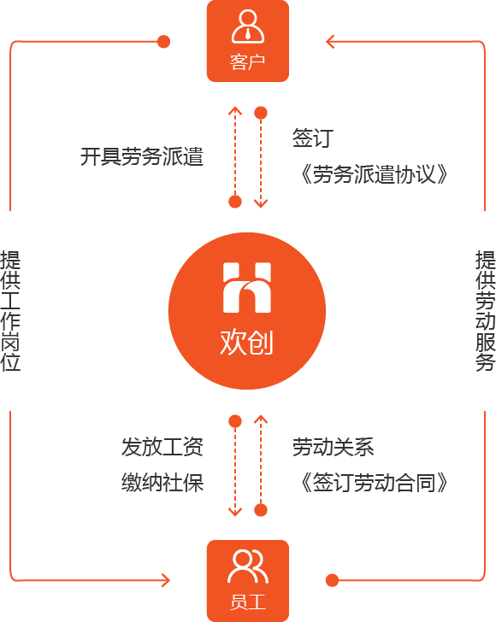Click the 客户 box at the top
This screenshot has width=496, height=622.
[248, 41]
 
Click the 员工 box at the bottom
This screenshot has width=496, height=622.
[248, 581]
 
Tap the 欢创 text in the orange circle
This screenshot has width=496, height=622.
[246, 342]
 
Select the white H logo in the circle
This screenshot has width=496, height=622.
[247, 288]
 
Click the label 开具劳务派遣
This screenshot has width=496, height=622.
[142, 156]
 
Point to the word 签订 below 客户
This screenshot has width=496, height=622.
[312, 138]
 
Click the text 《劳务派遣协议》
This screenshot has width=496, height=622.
[374, 174]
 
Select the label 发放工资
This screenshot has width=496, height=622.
[162, 447]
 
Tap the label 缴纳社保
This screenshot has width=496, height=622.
[162, 483]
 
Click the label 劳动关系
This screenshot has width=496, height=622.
[334, 447]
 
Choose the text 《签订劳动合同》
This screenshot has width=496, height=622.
[374, 483]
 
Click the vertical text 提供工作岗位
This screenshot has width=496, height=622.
[10, 311]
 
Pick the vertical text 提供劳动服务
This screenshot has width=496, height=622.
[486, 311]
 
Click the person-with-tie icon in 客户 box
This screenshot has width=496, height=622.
[248, 26]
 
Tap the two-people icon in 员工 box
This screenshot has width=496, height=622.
[248, 566]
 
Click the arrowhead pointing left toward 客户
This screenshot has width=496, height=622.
[329, 41]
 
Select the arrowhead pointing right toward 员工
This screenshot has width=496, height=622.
[166, 581]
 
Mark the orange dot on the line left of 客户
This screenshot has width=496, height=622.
[163, 41]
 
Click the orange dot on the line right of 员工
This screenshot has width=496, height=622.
[332, 581]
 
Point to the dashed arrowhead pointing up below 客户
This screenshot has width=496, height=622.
[235, 110]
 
